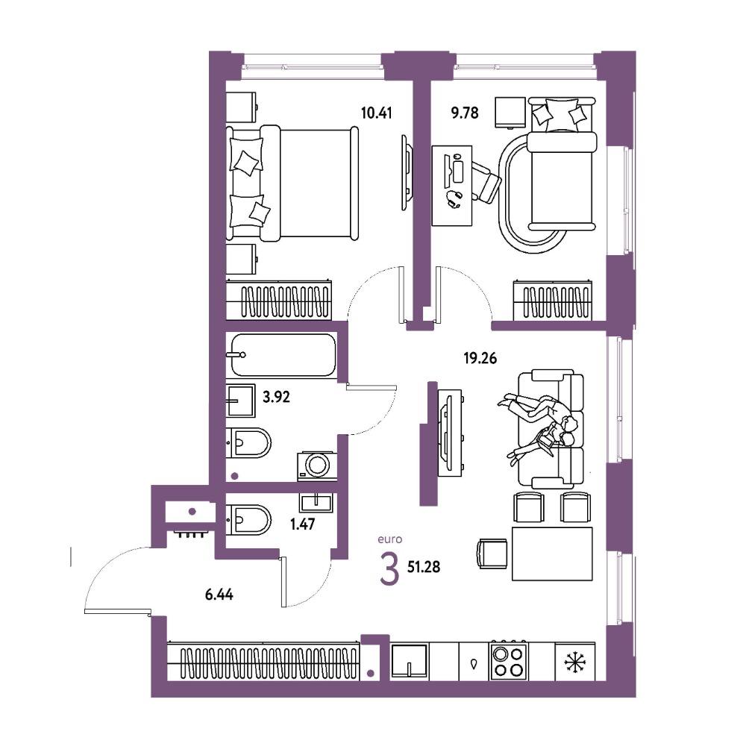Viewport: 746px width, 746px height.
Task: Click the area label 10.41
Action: [376, 113]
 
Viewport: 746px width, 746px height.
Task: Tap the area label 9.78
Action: [464, 113]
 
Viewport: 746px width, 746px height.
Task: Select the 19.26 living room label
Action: [480, 358]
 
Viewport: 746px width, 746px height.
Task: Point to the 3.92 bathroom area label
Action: [277, 397]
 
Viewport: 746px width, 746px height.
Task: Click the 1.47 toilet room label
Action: [303, 524]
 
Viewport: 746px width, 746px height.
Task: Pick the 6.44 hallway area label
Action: [219, 595]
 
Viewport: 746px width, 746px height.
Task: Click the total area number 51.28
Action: [424, 567]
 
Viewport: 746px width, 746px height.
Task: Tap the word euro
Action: [389, 539]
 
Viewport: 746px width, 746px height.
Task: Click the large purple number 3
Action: [389, 569]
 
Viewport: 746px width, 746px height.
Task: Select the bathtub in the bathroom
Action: [283, 355]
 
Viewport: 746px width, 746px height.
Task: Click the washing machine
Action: [316, 466]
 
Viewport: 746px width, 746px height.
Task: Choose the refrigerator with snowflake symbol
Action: [575, 661]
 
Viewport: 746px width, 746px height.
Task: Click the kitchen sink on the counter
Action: [410, 661]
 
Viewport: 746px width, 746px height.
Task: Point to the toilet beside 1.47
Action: [248, 520]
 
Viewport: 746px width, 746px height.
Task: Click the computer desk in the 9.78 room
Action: [452, 186]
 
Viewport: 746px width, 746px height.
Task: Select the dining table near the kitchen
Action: [552, 554]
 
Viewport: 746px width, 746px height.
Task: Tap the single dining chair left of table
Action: [492, 554]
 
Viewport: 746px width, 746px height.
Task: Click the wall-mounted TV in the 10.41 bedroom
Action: [407, 172]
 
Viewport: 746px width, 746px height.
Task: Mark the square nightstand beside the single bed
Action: [510, 113]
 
